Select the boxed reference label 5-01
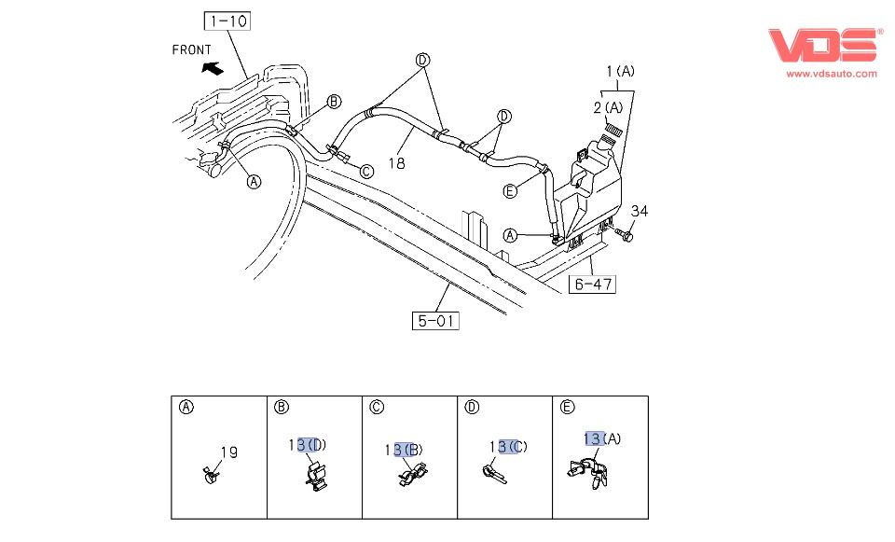pyautogui.click(x=436, y=322)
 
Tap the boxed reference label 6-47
pyautogui.click(x=593, y=284)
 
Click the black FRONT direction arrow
pyautogui.click(x=213, y=67)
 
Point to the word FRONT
pyautogui.click(x=192, y=49)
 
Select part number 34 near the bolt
pyautogui.click(x=639, y=211)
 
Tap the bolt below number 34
pyautogui.click(x=626, y=238)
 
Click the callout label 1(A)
pyautogui.click(x=621, y=71)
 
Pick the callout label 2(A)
pyautogui.click(x=609, y=107)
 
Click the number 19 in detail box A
pyautogui.click(x=228, y=452)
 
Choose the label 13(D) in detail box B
pyautogui.click(x=309, y=444)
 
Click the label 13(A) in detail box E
pyautogui.click(x=603, y=438)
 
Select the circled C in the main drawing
pyautogui.click(x=366, y=171)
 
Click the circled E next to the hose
pyautogui.click(x=509, y=191)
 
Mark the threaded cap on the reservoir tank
pyautogui.click(x=613, y=132)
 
